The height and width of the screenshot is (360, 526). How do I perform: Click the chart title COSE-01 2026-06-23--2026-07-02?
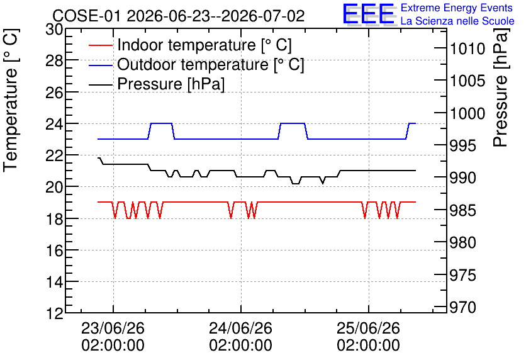(x=179, y=16)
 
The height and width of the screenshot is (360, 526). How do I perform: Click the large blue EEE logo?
(x=368, y=14)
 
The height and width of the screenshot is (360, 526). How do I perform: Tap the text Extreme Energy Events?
(x=457, y=8)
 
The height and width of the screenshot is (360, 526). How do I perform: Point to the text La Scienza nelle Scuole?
(x=457, y=21)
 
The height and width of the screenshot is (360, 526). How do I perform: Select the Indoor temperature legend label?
(x=204, y=45)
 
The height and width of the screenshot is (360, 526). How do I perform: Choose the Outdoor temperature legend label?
(x=211, y=64)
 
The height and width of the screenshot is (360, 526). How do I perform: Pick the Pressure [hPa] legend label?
(x=171, y=84)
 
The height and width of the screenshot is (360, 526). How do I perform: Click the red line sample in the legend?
(x=100, y=45)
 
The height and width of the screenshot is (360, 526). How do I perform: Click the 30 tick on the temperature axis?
(x=54, y=30)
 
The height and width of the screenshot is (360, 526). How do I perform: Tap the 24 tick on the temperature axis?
(x=54, y=124)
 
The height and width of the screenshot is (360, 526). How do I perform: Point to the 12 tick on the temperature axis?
(x=54, y=313)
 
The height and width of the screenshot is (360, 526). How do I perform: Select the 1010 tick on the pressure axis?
(x=467, y=49)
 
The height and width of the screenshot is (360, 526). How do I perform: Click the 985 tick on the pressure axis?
(x=463, y=211)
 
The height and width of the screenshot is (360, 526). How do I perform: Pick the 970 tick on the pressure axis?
(x=463, y=307)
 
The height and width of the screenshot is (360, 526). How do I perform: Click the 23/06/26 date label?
(x=113, y=328)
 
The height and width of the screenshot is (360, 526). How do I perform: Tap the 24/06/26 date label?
(x=240, y=328)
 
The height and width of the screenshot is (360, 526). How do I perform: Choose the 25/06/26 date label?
(x=368, y=328)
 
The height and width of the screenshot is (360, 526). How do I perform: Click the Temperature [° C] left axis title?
(x=11, y=101)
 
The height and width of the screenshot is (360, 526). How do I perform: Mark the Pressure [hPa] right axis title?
(x=501, y=87)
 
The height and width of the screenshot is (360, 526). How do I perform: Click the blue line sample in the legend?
(x=100, y=65)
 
